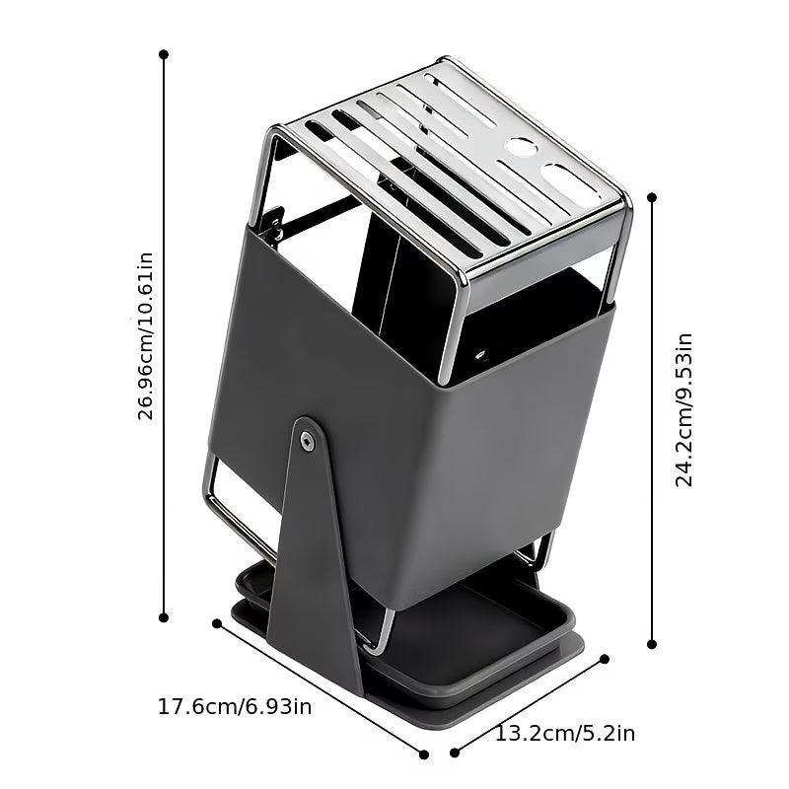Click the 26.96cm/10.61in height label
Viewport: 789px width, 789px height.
pyautogui.click(x=145, y=336)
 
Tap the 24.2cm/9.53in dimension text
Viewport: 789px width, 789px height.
pyautogui.click(x=683, y=409)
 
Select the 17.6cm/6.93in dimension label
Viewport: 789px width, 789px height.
pyautogui.click(x=235, y=706)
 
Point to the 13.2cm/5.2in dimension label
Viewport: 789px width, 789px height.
pyautogui.click(x=565, y=733)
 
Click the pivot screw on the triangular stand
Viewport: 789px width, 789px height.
pyautogui.click(x=307, y=441)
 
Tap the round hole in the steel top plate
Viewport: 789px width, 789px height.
pyautogui.click(x=520, y=147)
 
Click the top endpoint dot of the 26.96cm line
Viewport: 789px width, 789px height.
pyautogui.click(x=164, y=54)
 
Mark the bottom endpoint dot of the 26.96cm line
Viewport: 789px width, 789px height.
pyautogui.click(x=164, y=617)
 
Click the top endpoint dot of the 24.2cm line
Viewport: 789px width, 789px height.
pyautogui.click(x=652, y=197)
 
